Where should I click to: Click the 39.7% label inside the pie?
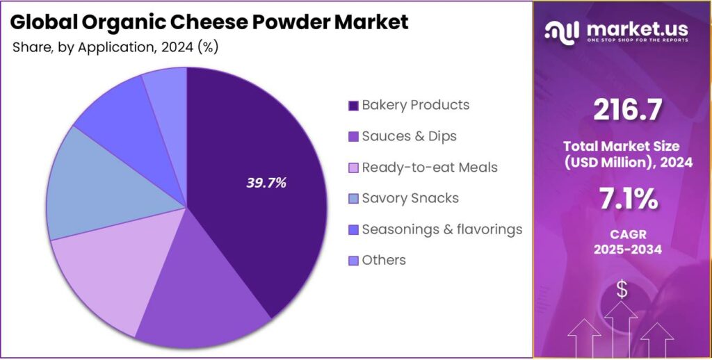click(266, 183)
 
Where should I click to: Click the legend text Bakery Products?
click(415, 105)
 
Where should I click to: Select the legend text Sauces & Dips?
click(409, 136)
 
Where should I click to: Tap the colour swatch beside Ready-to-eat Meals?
click(353, 168)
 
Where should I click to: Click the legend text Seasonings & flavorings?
click(442, 229)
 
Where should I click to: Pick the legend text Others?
click(384, 261)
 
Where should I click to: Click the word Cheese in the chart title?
click(183, 22)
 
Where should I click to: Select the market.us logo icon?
click(563, 31)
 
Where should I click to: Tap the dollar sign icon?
click(622, 290)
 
